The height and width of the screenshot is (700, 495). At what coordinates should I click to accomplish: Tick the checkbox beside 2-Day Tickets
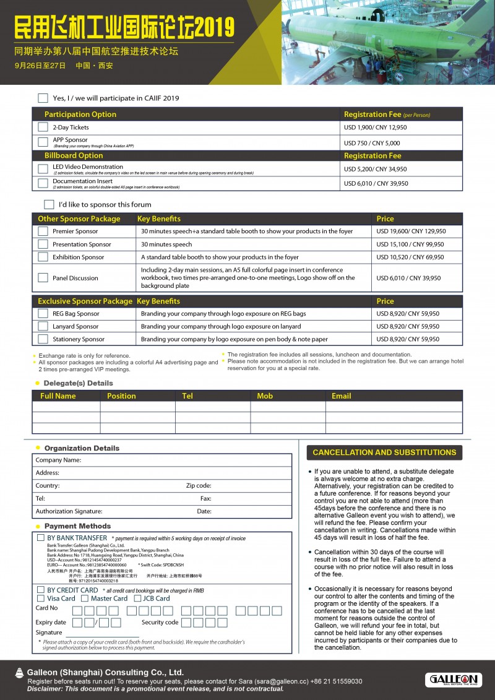[x=43, y=127]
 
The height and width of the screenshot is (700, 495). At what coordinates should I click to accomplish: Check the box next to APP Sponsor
[x=43, y=142]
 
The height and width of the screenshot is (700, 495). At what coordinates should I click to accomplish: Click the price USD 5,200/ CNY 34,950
[x=376, y=169]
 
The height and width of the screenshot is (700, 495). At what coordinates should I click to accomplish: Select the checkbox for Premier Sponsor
[x=43, y=231]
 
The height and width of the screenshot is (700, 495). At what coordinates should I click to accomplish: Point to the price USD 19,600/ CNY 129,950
[x=411, y=231]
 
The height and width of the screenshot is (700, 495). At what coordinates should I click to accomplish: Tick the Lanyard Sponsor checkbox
[x=43, y=326]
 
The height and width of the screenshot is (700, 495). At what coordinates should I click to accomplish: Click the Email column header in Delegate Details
[x=342, y=396]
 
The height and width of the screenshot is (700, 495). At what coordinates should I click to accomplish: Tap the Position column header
[x=121, y=396]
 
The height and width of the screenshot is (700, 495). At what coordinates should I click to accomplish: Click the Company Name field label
[x=58, y=460]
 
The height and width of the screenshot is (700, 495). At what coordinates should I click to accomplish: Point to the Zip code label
[x=199, y=486]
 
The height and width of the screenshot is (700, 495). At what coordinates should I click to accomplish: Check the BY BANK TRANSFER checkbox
[x=41, y=538]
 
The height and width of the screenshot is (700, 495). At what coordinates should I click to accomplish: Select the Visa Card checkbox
[x=41, y=598]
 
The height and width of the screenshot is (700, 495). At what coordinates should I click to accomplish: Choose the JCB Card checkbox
[x=137, y=598]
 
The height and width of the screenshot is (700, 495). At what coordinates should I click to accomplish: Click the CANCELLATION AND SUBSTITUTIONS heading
[x=384, y=452]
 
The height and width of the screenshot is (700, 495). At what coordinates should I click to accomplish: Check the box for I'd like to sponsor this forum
[x=49, y=204]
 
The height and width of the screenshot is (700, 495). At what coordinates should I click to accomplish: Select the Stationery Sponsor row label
[x=79, y=339]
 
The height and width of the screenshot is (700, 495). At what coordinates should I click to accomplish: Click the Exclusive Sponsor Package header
[x=85, y=301]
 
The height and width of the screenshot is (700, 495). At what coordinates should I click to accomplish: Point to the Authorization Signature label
[x=69, y=512]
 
